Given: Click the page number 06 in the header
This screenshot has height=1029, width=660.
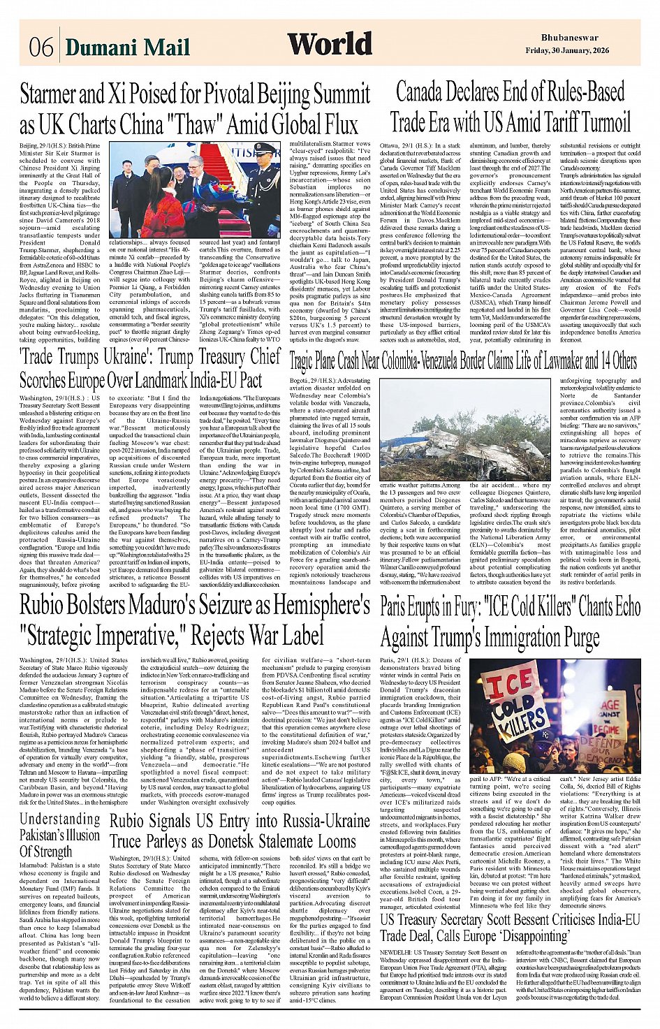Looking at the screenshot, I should point(41,48).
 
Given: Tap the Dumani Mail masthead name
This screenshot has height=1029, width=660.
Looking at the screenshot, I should point(128,48).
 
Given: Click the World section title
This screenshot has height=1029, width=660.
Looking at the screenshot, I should point(330,44).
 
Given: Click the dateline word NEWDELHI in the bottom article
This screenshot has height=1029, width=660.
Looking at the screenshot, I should point(396,953).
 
